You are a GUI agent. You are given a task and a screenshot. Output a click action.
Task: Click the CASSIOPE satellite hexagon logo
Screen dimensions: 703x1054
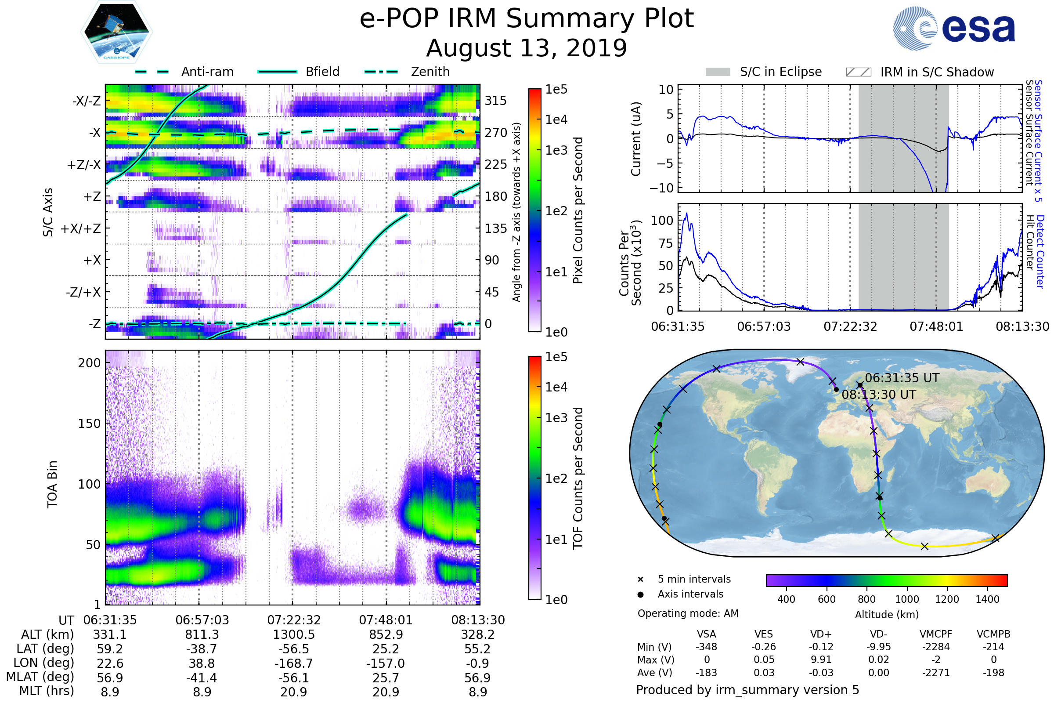click(116, 31)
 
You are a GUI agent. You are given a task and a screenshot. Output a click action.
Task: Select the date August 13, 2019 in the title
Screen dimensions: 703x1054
click(526, 48)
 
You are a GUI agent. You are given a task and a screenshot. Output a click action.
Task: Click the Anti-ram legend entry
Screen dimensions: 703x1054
click(207, 72)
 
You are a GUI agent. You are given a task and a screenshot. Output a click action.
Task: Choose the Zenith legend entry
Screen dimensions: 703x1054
click(430, 72)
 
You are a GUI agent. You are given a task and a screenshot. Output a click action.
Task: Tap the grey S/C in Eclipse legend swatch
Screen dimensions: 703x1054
click(718, 72)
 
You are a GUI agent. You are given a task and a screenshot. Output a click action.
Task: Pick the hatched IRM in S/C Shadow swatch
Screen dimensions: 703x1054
click(858, 72)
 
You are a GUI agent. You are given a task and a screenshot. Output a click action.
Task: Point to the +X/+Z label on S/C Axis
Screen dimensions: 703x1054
click(81, 228)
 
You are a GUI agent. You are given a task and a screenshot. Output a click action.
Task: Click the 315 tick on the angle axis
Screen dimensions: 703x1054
click(495, 101)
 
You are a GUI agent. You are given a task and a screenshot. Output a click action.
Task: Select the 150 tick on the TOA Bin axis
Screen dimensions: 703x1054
click(89, 424)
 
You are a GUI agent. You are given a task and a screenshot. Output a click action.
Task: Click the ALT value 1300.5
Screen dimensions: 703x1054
click(293, 635)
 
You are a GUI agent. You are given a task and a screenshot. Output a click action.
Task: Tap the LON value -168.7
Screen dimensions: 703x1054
click(293, 663)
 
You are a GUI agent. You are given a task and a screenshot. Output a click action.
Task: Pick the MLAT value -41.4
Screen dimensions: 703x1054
click(202, 678)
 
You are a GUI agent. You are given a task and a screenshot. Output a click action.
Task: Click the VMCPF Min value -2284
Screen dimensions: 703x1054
click(936, 647)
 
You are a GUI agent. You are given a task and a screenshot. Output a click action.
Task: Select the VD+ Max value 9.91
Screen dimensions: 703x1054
click(821, 660)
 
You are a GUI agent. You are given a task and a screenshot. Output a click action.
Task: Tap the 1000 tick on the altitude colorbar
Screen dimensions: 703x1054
click(906, 599)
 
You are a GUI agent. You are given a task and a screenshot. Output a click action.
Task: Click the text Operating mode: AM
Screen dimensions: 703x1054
click(687, 613)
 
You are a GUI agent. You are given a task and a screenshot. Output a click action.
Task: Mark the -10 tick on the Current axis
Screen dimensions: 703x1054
click(661, 188)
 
